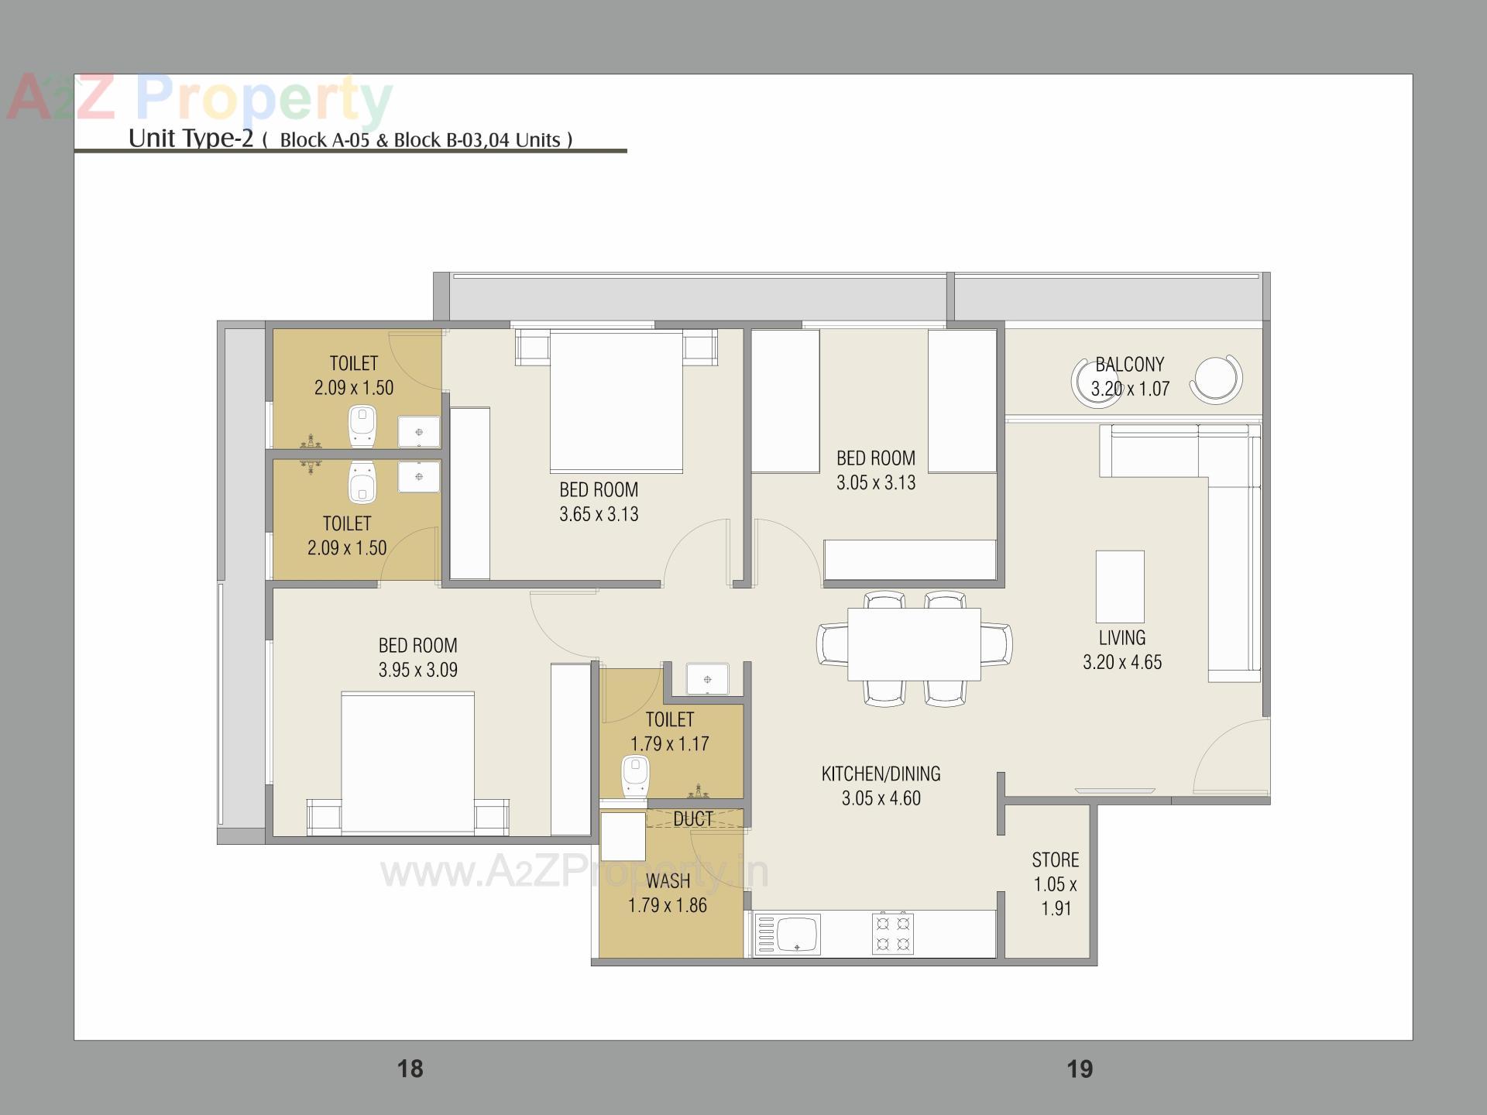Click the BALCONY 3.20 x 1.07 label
tap(1129, 376)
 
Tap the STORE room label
tap(1055, 859)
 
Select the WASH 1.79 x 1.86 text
tap(668, 893)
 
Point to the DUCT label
tap(692, 819)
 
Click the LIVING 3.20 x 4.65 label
tap(1121, 650)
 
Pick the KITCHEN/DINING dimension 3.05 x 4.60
tap(881, 798)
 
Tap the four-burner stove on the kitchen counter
tap(892, 933)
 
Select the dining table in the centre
tap(914, 644)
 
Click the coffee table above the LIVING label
tap(1120, 586)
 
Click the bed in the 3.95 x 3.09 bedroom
tap(407, 763)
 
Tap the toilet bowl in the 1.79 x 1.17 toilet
tap(635, 777)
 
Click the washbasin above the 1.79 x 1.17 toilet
tap(707, 679)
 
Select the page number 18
tap(410, 1069)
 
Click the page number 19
tap(1079, 1069)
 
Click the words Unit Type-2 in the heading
tap(191, 138)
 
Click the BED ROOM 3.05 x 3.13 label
tap(875, 470)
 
